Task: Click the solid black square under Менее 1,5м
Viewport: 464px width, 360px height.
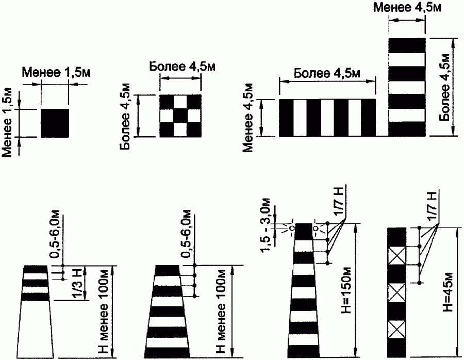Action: [55, 123]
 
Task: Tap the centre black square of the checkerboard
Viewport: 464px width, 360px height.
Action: [180, 116]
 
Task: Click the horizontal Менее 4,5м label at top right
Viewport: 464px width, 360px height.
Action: [407, 8]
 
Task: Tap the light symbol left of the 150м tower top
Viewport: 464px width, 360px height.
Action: [292, 228]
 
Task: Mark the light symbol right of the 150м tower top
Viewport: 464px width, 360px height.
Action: [314, 228]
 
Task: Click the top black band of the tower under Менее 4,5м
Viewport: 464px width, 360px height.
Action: [407, 45]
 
